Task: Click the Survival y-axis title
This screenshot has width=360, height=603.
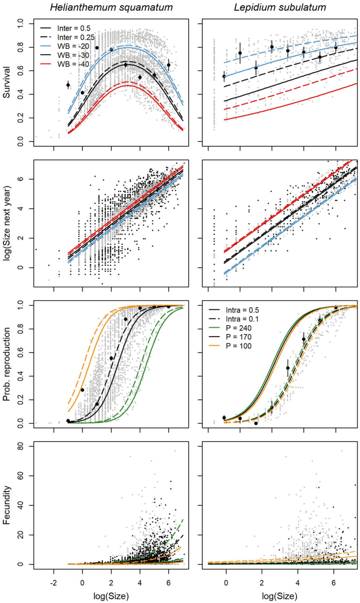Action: [7, 83]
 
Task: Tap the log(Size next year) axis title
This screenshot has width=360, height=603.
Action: [7, 224]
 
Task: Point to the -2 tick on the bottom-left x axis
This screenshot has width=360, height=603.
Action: [54, 583]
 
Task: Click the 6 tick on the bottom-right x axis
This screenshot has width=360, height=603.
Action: [334, 583]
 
